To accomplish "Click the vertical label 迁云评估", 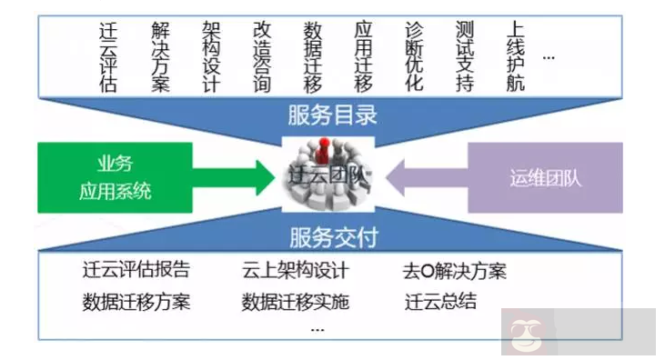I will (109, 56).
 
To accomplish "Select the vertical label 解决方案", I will (160, 56).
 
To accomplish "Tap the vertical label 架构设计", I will (211, 56).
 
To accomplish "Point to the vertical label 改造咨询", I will (262, 56).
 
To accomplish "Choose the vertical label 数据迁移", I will (313, 56).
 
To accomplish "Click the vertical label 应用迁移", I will (364, 56).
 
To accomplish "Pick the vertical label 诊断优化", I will (414, 56).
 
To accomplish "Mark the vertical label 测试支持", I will (465, 56).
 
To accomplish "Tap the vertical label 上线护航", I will (516, 56).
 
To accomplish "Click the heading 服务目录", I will (332, 115).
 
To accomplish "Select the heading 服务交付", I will (333, 238).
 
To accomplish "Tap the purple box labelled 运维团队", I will (545, 177).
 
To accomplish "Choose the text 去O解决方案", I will (455, 272).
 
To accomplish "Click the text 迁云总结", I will (440, 302).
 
